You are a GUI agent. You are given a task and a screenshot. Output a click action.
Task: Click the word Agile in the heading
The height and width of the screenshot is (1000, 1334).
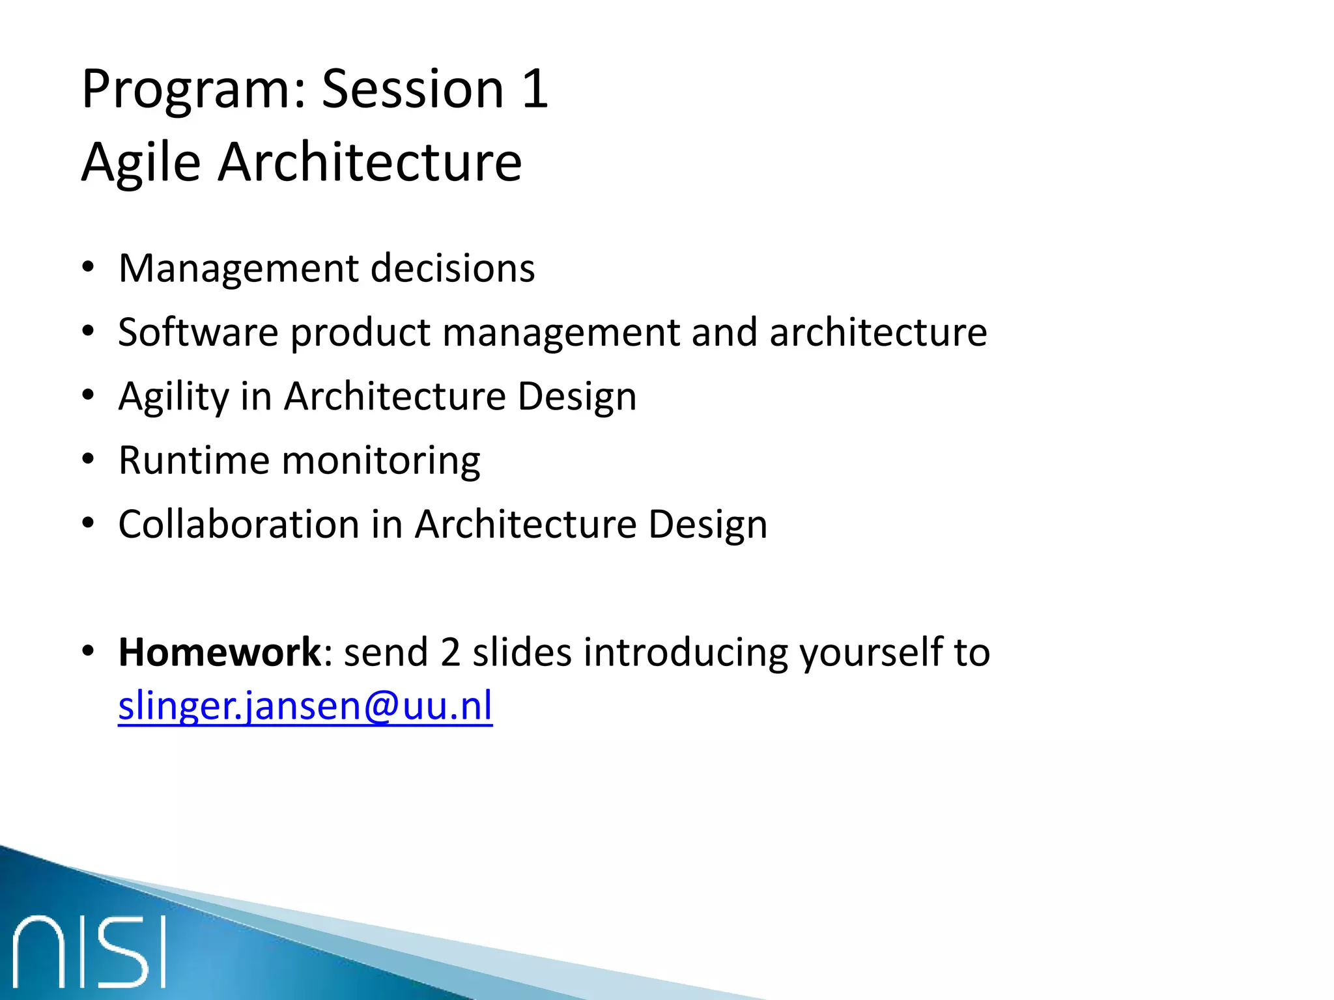[x=141, y=163]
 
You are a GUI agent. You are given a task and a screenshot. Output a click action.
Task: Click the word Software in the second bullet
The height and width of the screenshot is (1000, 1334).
[x=198, y=333]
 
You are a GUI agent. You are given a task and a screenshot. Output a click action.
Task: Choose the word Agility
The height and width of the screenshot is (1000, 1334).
[x=173, y=397]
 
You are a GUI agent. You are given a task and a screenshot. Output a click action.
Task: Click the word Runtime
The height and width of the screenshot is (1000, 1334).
[x=193, y=461]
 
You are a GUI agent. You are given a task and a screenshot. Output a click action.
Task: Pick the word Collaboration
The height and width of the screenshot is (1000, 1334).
[x=238, y=525]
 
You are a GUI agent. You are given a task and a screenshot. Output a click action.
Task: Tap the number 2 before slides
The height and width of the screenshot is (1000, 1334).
[x=450, y=652]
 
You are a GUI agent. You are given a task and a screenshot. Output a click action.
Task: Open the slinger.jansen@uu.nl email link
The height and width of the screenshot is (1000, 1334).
[x=305, y=707]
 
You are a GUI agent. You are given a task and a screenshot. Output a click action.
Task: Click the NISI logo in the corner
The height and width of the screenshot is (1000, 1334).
[x=89, y=951]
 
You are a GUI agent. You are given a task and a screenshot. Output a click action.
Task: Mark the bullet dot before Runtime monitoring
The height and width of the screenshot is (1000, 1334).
[x=89, y=460]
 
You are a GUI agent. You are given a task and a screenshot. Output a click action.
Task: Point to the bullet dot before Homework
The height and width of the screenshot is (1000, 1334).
[x=89, y=651]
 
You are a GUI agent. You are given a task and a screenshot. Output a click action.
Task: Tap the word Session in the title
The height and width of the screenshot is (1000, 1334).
[x=413, y=90]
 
